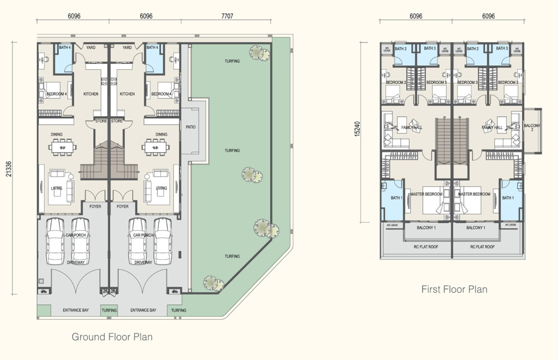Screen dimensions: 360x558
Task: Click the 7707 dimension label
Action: coord(227,16)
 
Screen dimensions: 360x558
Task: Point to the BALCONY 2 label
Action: coord(532,128)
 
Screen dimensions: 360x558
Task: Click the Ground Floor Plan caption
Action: coord(112,337)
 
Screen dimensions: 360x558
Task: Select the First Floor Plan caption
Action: coord(454,289)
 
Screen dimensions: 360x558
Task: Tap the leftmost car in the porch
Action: coord(55,241)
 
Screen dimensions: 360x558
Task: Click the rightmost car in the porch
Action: coord(162,241)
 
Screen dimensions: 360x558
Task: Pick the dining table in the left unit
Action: coord(63,146)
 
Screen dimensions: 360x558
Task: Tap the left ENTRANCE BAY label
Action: coord(76,310)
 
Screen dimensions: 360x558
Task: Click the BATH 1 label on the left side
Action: coord(397,198)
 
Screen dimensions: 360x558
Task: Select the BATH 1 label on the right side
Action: coord(508,198)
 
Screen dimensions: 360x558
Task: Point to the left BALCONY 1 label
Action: coord(427,228)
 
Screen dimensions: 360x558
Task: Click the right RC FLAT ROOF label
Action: coord(482,247)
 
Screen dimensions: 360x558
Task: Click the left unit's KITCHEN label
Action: coord(91,94)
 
